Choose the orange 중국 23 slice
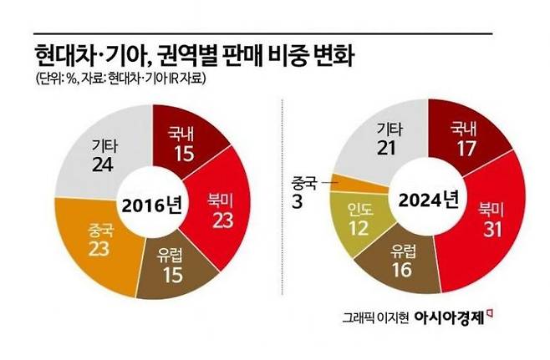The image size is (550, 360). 99,236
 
